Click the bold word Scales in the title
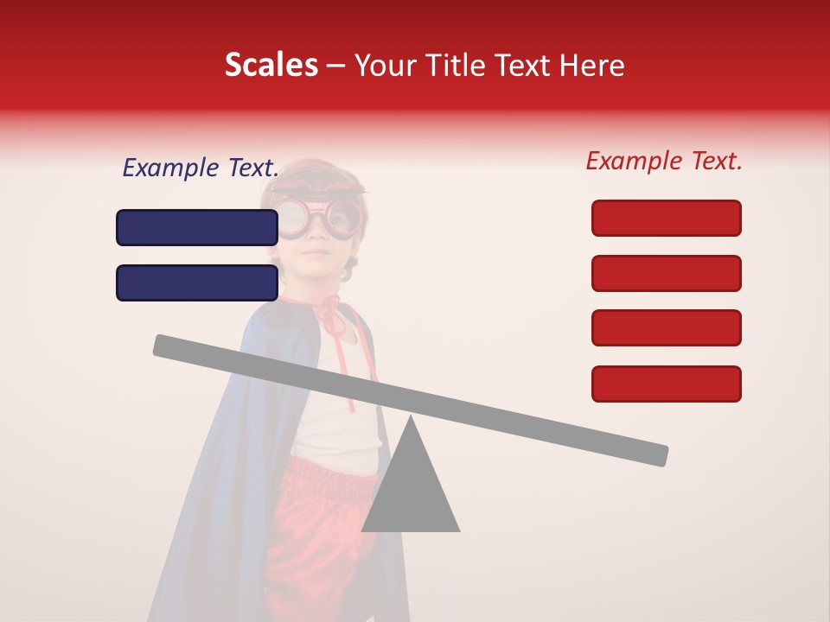click(271, 66)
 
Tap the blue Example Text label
click(201, 168)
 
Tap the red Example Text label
click(664, 161)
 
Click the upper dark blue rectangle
click(197, 227)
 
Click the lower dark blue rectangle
click(197, 282)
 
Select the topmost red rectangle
click(666, 218)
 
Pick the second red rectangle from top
click(666, 273)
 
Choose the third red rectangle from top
click(666, 327)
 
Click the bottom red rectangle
click(666, 384)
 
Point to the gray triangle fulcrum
click(411, 488)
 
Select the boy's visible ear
click(348, 271)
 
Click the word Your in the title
click(386, 66)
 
